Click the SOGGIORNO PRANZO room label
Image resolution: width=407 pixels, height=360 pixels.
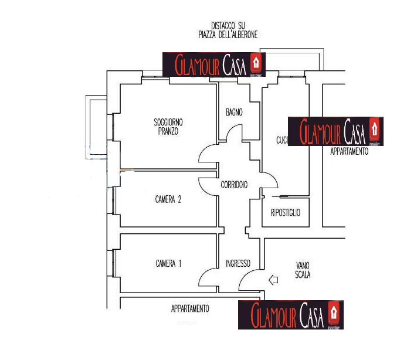[x=168, y=127]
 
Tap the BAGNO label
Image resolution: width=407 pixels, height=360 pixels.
[x=234, y=113]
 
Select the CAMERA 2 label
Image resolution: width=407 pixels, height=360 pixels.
[x=168, y=199]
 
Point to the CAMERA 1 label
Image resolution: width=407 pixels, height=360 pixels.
[x=168, y=263]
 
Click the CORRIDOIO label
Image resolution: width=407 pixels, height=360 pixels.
[x=234, y=185]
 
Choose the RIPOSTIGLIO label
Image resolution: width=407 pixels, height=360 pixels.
[x=286, y=213]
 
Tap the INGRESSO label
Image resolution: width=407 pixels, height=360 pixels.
[x=238, y=263]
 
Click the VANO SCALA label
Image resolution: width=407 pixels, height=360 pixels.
[x=303, y=270]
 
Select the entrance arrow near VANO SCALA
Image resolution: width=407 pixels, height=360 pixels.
[x=273, y=280]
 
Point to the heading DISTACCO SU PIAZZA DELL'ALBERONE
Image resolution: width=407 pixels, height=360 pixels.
[x=228, y=30]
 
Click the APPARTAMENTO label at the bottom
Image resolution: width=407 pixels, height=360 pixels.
[x=190, y=308]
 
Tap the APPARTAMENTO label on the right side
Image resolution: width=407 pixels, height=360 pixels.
[x=350, y=151]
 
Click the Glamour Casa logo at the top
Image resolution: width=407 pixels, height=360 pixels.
[x=214, y=64]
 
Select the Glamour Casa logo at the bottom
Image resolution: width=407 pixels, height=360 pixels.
[x=290, y=315]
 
